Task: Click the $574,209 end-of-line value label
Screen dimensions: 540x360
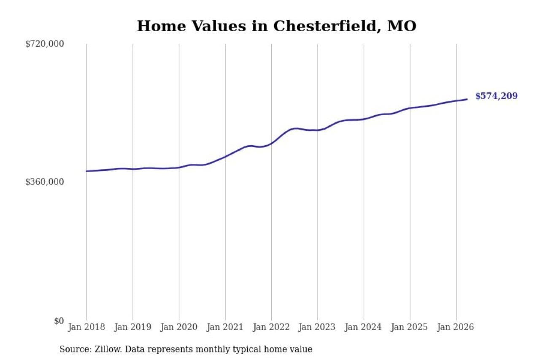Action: pos(497,96)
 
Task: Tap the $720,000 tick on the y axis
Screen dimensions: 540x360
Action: pos(45,44)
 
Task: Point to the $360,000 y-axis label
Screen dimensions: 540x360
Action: pos(45,181)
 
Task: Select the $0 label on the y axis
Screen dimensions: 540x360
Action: pos(59,321)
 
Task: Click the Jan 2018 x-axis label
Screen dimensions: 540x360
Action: pos(86,327)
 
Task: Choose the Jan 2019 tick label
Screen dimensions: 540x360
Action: pos(133,327)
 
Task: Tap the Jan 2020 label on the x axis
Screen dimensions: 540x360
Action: pos(179,327)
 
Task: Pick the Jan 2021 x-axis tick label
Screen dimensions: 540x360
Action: pos(225,327)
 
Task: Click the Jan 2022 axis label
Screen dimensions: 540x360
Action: pos(271,327)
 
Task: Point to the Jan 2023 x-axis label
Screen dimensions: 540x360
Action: pos(317,327)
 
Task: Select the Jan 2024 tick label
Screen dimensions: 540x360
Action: pos(364,327)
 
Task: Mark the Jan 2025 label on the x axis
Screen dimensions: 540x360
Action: pos(410,327)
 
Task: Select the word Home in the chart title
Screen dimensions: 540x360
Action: pos(162,26)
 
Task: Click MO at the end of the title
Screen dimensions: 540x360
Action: pos(402,26)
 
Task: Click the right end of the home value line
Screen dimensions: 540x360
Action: pos(467,99)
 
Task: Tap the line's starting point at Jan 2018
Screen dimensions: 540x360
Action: pos(86,171)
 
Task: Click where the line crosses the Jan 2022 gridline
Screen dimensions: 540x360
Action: pos(271,143)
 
